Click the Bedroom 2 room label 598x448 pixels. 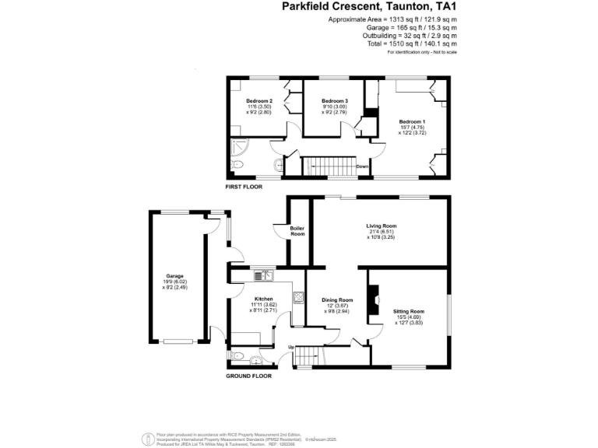point(259,101)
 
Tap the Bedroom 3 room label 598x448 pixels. point(335,101)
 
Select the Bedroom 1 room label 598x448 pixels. point(413,121)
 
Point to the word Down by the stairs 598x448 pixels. point(362,166)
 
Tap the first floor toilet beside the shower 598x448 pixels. point(237,166)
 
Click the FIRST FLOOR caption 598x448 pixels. point(244,188)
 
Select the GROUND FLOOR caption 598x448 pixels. point(248,376)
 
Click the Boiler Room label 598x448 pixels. point(297,231)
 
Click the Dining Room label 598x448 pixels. point(338,299)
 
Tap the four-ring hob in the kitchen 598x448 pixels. point(298,296)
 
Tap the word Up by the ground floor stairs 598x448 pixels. point(291,347)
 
